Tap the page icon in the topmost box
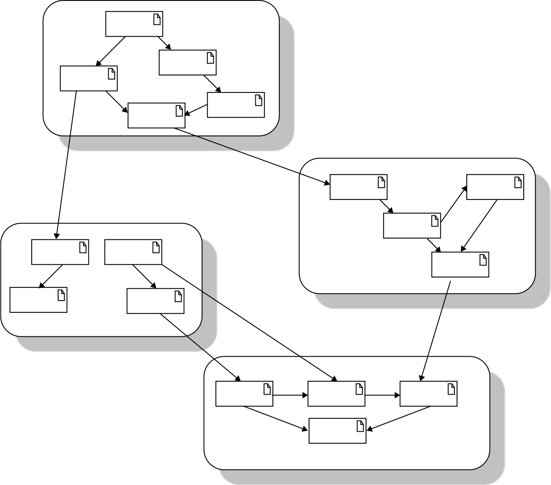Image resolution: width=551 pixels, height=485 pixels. point(157,19)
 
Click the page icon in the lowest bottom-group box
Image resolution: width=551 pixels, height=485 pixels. point(360,426)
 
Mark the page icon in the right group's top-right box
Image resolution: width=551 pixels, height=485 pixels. point(518,182)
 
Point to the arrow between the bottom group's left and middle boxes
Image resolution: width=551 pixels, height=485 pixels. point(290,395)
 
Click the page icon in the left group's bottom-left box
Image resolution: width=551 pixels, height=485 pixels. point(61,295)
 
